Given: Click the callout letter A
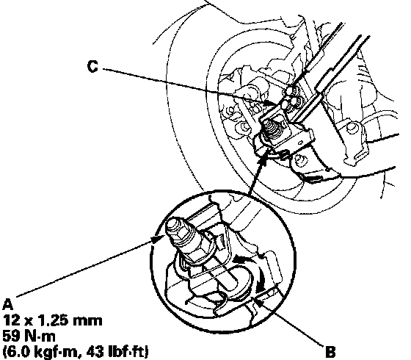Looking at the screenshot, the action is [7, 304].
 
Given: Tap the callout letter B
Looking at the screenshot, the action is [330, 352].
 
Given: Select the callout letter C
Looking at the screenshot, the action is [92, 66].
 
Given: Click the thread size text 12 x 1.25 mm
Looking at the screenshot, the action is [52, 320].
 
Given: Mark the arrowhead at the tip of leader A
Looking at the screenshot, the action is [158, 239].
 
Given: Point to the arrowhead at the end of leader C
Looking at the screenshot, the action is [272, 104].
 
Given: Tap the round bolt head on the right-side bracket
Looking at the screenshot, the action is [350, 128].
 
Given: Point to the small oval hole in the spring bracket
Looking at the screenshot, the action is [301, 143].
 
